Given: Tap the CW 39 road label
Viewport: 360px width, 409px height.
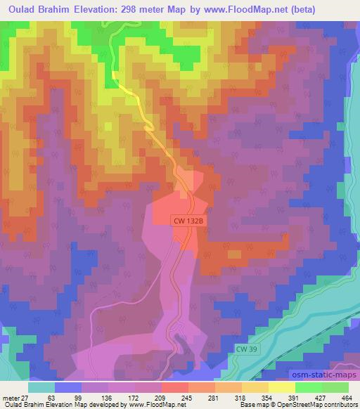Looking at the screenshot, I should click(x=243, y=349).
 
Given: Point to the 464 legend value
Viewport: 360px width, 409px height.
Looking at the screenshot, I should click(x=347, y=397).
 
